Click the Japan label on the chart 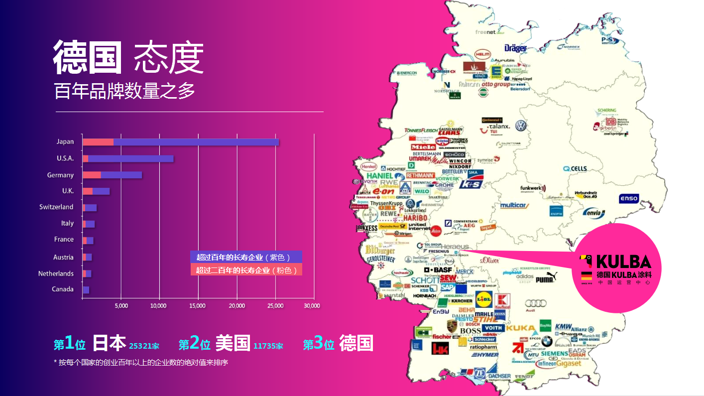pyautogui.click(x=65, y=142)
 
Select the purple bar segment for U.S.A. pyautogui.click(x=131, y=158)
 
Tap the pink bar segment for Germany pyautogui.click(x=92, y=175)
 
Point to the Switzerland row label pyautogui.click(x=56, y=207)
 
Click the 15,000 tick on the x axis pyautogui.click(x=198, y=305)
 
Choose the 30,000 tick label pyautogui.click(x=312, y=305)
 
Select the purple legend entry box pyautogui.click(x=246, y=257)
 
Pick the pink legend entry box pyautogui.click(x=246, y=270)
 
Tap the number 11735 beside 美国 pyautogui.click(x=268, y=346)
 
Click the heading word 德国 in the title pyautogui.click(x=88, y=58)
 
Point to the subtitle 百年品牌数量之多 pyautogui.click(x=124, y=91)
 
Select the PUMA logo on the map pyautogui.click(x=545, y=280)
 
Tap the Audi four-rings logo pyautogui.click(x=536, y=303)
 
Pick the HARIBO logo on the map pyautogui.click(x=415, y=218)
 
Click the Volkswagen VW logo pyautogui.click(x=521, y=126)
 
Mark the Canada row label pyautogui.click(x=63, y=289)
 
